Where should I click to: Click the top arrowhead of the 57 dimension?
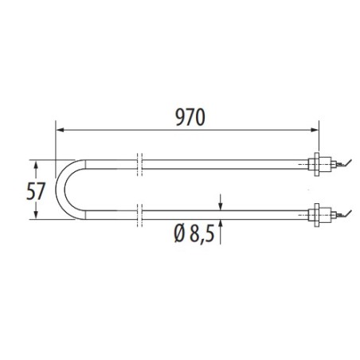pos(35,162)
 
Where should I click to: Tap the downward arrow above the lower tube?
pos(221,202)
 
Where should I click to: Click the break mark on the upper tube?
pos(139,163)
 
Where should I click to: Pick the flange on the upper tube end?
pos(318,164)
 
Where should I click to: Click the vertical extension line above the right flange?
pos(319,139)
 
